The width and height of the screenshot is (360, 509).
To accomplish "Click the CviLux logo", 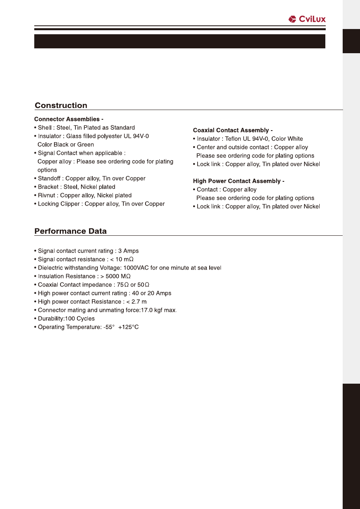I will coord(307,19).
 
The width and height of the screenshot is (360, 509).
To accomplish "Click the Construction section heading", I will coord(61,106).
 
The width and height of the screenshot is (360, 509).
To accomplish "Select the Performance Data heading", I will coord(71,231).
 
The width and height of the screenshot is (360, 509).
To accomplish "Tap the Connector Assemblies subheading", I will coord(69,119).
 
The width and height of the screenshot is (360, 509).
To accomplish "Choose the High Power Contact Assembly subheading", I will coord(239,181).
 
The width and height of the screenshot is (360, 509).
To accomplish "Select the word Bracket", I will coord(49,187).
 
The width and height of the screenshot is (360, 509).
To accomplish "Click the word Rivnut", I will coord(48,195).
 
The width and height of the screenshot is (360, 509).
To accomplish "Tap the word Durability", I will coord(51,318).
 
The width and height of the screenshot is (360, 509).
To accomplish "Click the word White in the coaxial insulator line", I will coord(295,139).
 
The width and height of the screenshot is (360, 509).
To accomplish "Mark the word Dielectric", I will coord(51,268).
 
